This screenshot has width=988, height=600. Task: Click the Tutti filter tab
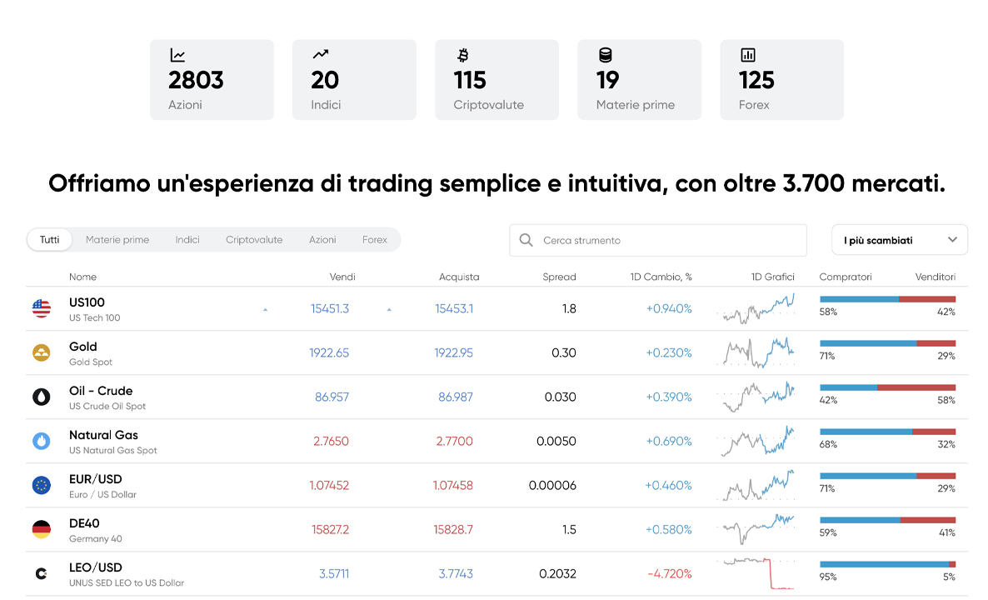[49, 240]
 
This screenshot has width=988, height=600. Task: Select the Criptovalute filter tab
[254, 240]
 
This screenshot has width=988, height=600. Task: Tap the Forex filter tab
[375, 240]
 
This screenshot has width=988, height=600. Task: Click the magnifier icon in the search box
[526, 240]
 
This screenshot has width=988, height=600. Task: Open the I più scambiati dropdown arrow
[953, 240]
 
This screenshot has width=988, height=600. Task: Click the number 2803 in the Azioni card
[196, 80]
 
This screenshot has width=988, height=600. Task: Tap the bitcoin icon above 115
[463, 56]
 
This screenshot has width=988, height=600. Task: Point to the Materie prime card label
[636, 105]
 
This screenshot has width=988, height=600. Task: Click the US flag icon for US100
[42, 309]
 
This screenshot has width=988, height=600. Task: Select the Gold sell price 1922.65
[329, 352]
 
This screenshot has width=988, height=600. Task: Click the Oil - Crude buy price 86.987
[456, 397]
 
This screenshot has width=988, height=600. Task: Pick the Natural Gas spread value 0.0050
[556, 441]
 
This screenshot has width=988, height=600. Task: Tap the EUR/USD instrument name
[96, 479]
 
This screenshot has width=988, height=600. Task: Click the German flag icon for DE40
[42, 529]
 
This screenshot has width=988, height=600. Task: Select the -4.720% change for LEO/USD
[669, 573]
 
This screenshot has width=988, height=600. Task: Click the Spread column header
[559, 277]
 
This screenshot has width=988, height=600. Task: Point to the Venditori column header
[935, 277]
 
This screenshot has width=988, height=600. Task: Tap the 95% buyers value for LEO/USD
[828, 577]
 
